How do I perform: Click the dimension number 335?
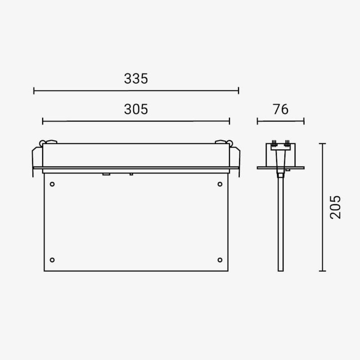[x=136, y=79]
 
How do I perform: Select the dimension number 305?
[x=136, y=109]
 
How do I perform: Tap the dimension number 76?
[x=280, y=109]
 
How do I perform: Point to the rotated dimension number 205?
[x=335, y=207]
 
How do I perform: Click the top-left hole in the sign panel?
[x=52, y=184]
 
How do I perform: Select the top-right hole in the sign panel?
[x=220, y=184]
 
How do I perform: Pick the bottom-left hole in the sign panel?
[x=52, y=260]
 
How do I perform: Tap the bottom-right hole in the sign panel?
[x=220, y=260]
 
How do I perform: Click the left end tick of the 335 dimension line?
[x=34, y=91]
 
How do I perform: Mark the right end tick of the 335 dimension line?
[x=238, y=91]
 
